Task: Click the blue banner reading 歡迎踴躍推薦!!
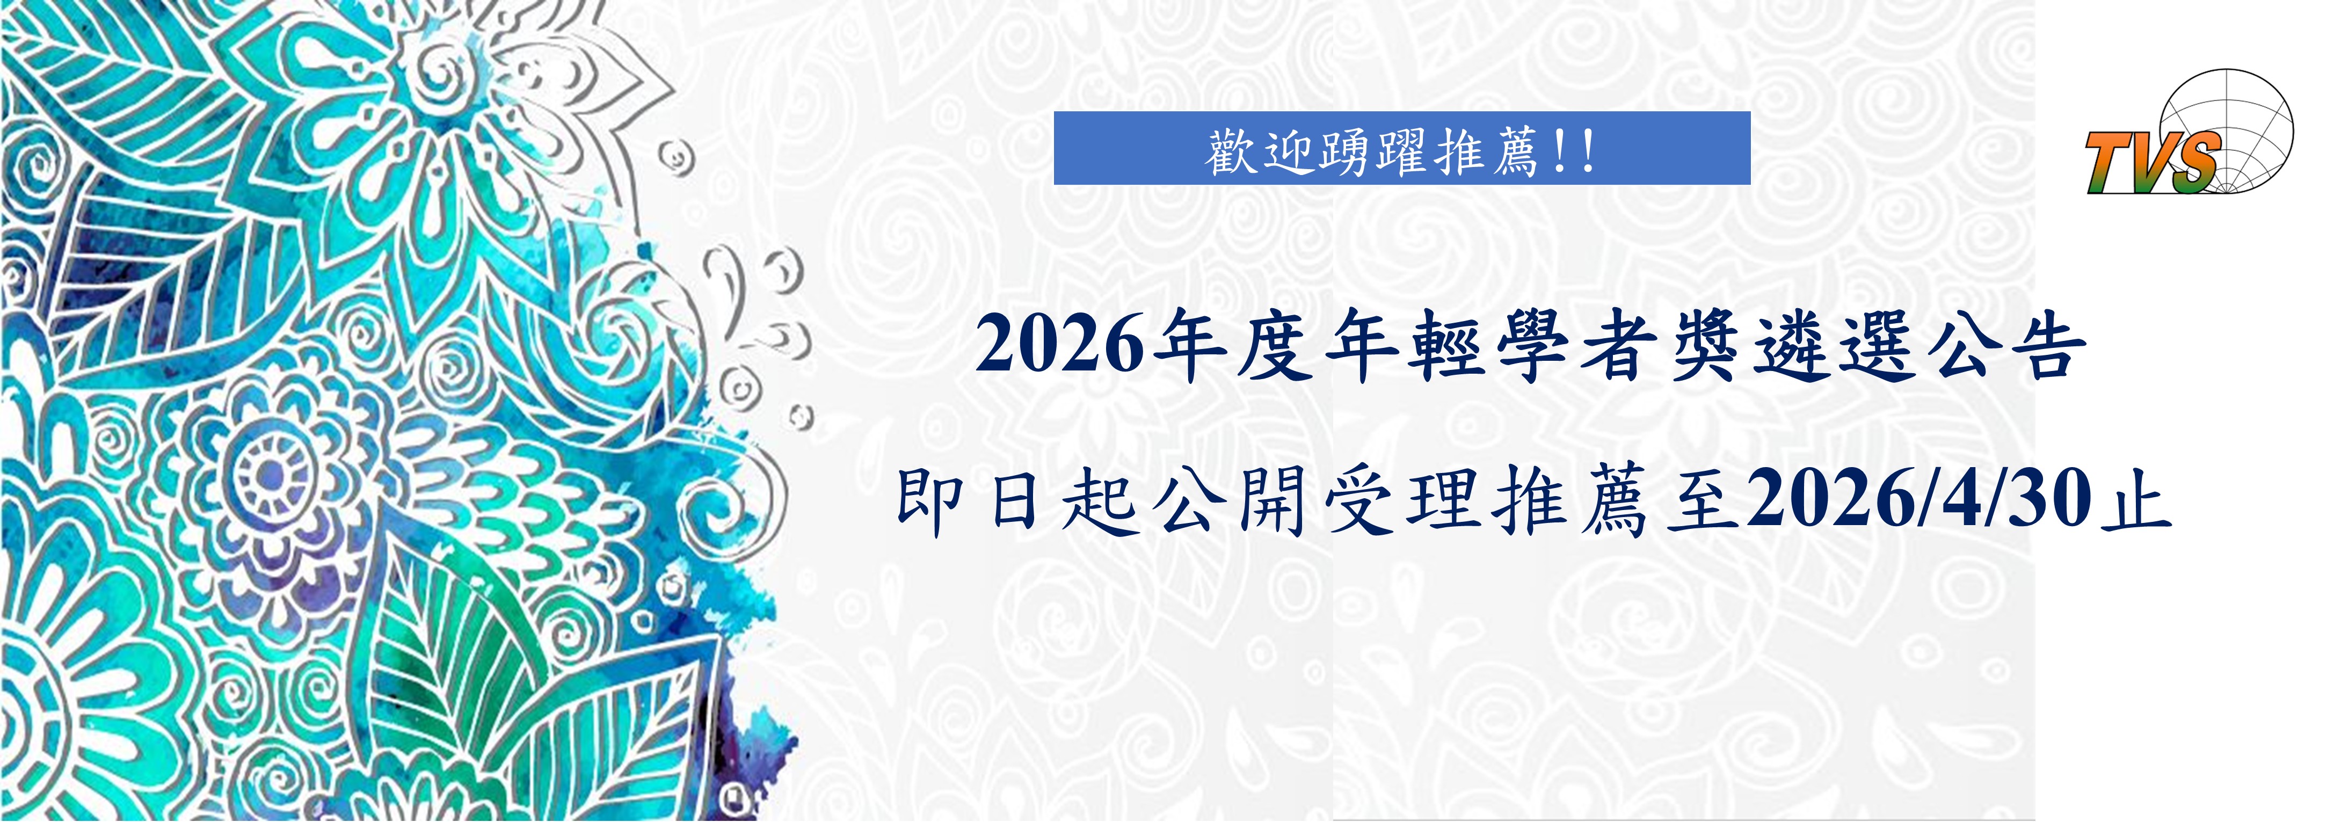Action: tap(1402, 148)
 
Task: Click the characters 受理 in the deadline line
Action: tap(1399, 500)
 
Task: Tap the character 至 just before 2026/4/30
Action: tap(1703, 500)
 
